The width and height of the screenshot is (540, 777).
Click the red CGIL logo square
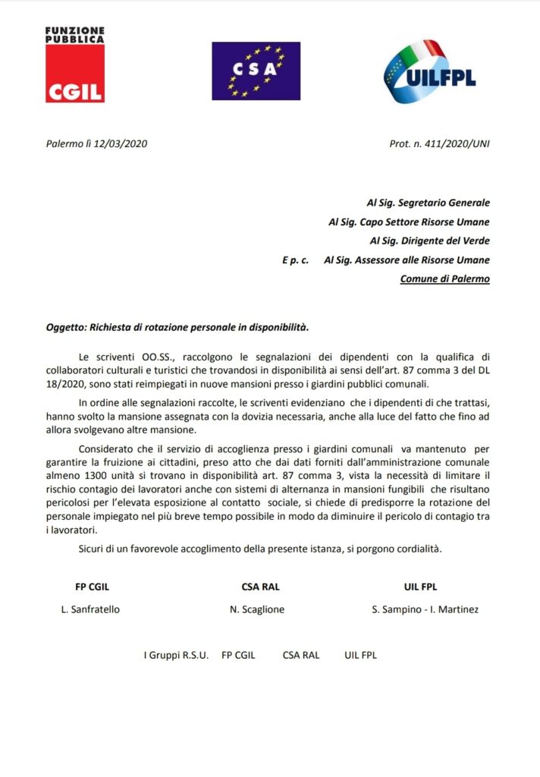click(74, 74)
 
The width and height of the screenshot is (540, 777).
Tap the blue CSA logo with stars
click(256, 71)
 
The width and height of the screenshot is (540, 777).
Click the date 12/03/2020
click(107, 143)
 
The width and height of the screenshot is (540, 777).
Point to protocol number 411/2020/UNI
click(455, 143)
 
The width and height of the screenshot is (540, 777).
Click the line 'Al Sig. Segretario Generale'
click(428, 203)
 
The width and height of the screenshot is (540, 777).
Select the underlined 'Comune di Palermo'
click(444, 278)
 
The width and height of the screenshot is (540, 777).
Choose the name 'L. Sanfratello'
click(90, 609)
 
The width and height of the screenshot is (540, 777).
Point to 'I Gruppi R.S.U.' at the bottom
click(176, 655)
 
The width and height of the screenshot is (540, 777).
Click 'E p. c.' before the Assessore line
click(295, 260)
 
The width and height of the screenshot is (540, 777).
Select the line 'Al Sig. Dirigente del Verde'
click(429, 241)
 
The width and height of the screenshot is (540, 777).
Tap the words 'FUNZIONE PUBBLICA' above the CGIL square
click(74, 34)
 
